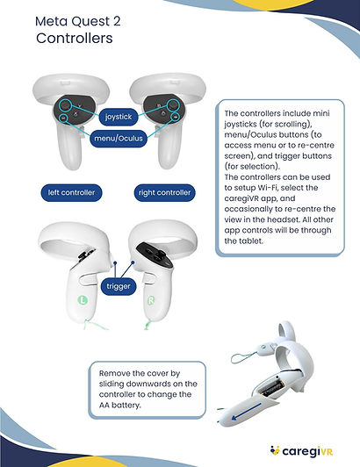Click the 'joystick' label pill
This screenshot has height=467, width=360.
(x=119, y=117)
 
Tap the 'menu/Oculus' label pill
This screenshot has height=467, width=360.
(x=119, y=139)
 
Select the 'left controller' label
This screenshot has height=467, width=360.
(x=71, y=193)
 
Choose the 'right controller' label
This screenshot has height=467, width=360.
(x=164, y=193)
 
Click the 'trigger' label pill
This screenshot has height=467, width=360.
(x=119, y=286)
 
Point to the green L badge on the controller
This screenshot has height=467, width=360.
(x=83, y=299)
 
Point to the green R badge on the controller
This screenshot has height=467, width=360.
(x=151, y=301)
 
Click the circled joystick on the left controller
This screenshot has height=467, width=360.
(x=65, y=105)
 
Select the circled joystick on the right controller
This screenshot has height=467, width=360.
(x=173, y=105)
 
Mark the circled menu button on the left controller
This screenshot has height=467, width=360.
(x=63, y=119)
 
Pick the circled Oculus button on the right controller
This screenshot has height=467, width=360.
(x=176, y=117)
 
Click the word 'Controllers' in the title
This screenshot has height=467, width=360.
(x=75, y=38)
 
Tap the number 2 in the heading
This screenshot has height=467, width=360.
(x=117, y=21)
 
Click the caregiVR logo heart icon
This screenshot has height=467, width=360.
(x=275, y=450)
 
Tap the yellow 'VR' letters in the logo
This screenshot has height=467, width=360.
(x=328, y=452)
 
